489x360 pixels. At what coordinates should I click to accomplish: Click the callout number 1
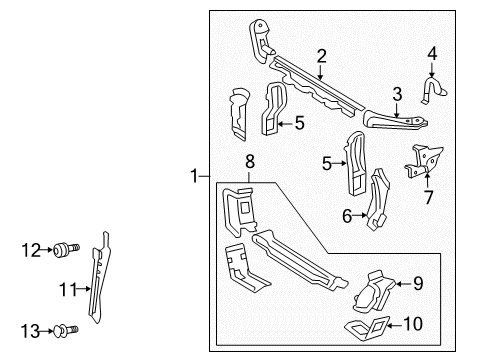[194, 175]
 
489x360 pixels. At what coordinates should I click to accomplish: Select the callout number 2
[321, 56]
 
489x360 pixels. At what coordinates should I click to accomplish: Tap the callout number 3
[397, 94]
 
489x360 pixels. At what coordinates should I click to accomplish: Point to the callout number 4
[432, 54]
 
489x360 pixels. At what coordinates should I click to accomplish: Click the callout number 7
[429, 197]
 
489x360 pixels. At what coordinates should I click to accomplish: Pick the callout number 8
[250, 162]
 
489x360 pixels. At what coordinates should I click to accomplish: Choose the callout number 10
[413, 324]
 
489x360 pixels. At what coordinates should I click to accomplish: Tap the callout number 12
[31, 250]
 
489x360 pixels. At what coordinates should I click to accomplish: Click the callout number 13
[30, 331]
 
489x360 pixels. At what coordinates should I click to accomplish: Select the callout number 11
[68, 289]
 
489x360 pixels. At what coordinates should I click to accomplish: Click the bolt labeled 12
[66, 250]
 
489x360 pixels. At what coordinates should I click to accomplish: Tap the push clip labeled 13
[66, 331]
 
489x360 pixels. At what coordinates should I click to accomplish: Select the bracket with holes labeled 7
[424, 161]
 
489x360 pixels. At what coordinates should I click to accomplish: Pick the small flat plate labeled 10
[367, 329]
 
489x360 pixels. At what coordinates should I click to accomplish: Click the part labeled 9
[373, 292]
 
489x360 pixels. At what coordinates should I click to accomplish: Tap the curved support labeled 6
[378, 199]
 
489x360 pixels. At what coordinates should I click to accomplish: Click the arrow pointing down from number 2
[321, 73]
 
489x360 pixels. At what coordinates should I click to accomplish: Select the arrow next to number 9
[403, 284]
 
